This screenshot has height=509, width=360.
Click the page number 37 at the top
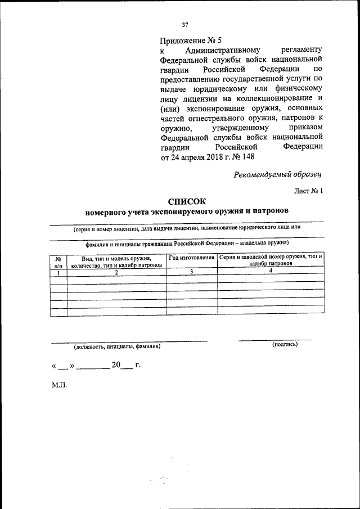pyautogui.click(x=184, y=24)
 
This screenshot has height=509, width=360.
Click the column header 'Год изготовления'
pyautogui.click(x=192, y=257)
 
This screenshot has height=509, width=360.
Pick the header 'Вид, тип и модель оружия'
pyautogui.click(x=116, y=258)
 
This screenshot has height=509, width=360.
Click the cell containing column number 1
pyautogui.click(x=58, y=272)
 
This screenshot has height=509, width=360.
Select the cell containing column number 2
pyautogui.click(x=116, y=272)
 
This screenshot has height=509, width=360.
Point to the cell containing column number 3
pyautogui.click(x=192, y=272)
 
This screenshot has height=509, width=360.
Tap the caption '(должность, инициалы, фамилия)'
pyautogui.click(x=117, y=347)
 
